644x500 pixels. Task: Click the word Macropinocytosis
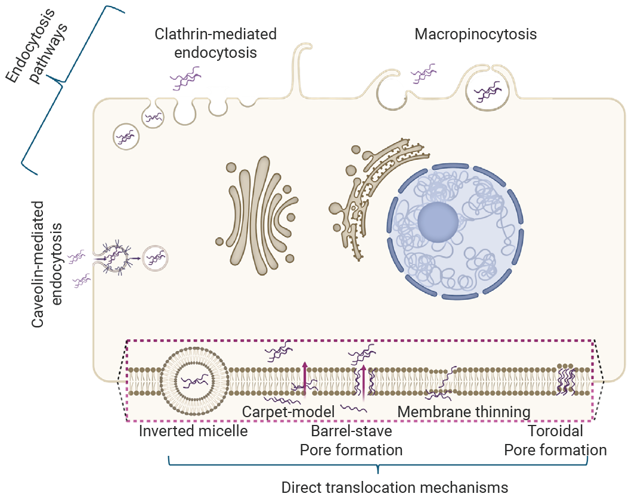pos(476,35)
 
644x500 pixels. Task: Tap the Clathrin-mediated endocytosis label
pos(216,43)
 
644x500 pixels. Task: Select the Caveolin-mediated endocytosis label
pos(46,264)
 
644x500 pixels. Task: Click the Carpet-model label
pos(289,412)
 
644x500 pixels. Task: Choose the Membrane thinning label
pos(464,412)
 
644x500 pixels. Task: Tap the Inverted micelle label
pos(193,431)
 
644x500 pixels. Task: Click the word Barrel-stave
pos(352,431)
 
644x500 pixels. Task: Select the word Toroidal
pos(555,431)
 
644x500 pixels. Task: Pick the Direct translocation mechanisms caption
pos(395,487)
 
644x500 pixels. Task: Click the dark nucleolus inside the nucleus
pos(438,222)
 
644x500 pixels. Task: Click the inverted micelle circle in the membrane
pos(194,381)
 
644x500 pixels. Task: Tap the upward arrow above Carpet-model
pos(304,378)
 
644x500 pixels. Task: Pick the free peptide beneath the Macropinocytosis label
pos(425,74)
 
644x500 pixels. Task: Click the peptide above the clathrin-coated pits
pos(186,78)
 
